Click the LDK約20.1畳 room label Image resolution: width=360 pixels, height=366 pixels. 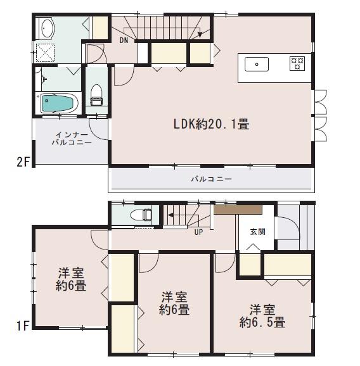pos(211,125)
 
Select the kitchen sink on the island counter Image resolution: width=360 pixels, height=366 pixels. pos(256,63)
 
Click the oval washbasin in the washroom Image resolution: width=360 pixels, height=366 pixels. pos(48,28)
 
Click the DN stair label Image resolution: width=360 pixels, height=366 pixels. pos(124,41)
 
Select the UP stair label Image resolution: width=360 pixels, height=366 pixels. pos(198,231)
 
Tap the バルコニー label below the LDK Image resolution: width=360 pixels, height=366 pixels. pos(212,179)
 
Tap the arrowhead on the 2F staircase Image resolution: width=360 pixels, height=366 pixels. pos(201,34)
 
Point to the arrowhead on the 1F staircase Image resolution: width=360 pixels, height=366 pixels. pos(170,215)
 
